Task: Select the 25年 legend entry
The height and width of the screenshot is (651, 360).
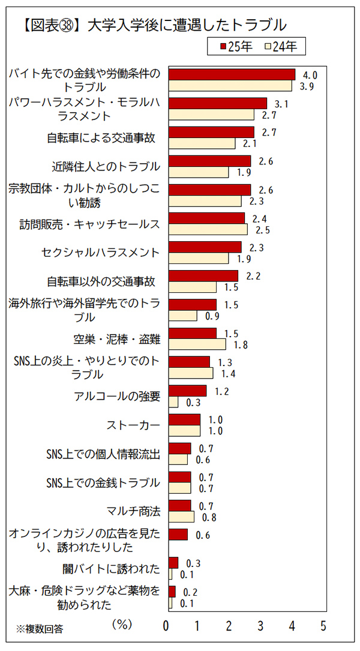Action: point(236,46)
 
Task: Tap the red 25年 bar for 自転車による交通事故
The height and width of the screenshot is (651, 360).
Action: point(211,132)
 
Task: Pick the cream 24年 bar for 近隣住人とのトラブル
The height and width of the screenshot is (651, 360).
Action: point(199,172)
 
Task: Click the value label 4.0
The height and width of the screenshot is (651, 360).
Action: point(310,75)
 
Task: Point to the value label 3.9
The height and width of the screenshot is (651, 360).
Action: point(307,86)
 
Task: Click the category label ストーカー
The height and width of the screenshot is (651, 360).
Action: point(133,425)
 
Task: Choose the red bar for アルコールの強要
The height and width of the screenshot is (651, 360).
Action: point(187,391)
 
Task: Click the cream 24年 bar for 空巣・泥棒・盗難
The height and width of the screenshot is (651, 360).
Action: point(197,344)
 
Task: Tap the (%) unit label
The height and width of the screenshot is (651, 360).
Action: point(122,624)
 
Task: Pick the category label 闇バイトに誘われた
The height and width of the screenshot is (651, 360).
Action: point(112,569)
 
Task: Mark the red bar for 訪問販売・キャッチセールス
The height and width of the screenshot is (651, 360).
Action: point(206,218)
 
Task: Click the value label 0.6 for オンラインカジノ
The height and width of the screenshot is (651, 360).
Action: point(203,535)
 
